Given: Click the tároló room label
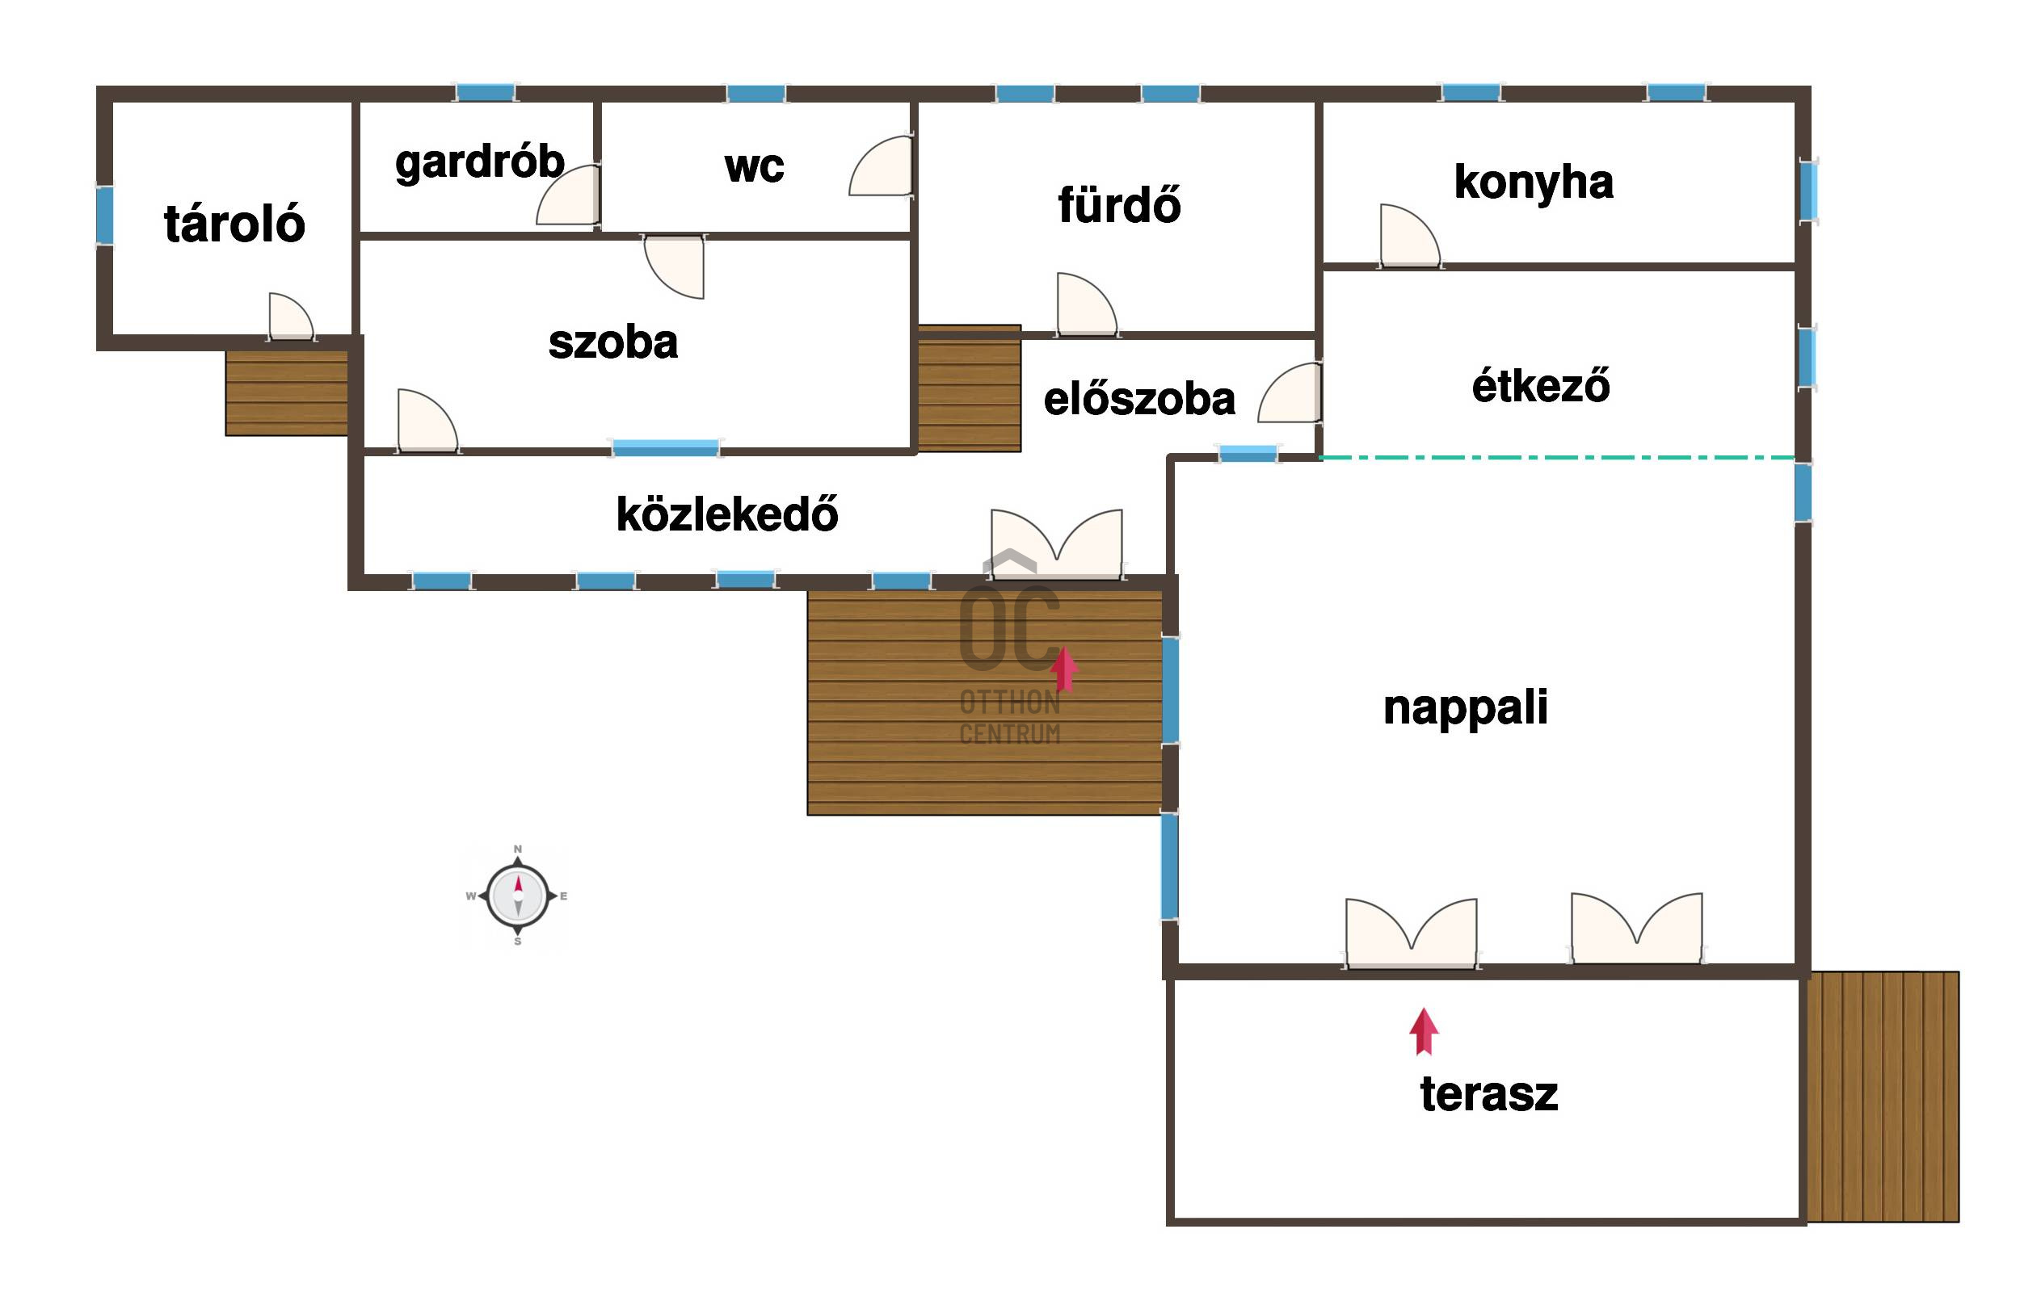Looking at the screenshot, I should (x=234, y=224).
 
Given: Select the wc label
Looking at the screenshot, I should (x=754, y=166).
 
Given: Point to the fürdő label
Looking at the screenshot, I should (x=1119, y=205).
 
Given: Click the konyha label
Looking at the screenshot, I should (x=1534, y=182).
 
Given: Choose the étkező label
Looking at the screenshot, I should (x=1541, y=386).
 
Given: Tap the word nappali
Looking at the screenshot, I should (x=1465, y=707).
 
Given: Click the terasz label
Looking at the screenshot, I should (x=1489, y=1094).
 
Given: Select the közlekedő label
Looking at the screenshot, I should (x=726, y=514).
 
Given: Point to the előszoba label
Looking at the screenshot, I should (x=1138, y=400).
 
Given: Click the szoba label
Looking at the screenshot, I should (x=612, y=342).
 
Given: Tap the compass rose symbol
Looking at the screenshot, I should (x=518, y=896).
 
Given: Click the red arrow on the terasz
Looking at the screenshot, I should (x=1425, y=1031).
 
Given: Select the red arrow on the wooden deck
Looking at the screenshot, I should (x=1064, y=669).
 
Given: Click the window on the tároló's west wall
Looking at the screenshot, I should (x=105, y=216).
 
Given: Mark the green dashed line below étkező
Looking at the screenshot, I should (x=1557, y=458).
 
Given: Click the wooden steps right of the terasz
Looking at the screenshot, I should (x=1883, y=1097).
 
